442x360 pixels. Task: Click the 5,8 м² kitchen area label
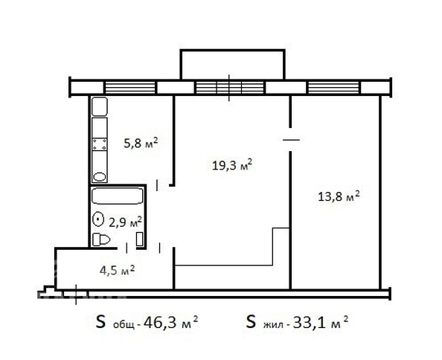coord(141,143)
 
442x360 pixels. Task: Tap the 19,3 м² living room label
coord(231,165)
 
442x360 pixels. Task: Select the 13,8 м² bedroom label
coord(339,196)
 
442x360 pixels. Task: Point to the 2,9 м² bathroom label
coord(125,222)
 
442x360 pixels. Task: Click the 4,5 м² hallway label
coord(117,271)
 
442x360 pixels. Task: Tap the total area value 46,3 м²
coord(170,323)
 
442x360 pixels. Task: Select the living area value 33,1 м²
coord(321,322)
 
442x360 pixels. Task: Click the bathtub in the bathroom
coord(118,196)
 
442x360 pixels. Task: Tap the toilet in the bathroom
coord(101,240)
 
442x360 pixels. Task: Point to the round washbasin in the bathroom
coord(98,219)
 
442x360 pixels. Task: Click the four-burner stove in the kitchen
coord(100,144)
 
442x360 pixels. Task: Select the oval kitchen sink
coord(100,177)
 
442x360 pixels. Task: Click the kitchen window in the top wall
coord(130,87)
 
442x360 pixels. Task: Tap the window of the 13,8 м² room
coord(334,87)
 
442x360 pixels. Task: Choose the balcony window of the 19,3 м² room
coord(230,87)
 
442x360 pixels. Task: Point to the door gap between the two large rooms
coord(290,139)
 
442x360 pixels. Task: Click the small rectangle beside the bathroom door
coord(140,240)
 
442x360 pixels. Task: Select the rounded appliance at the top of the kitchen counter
coord(100,106)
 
